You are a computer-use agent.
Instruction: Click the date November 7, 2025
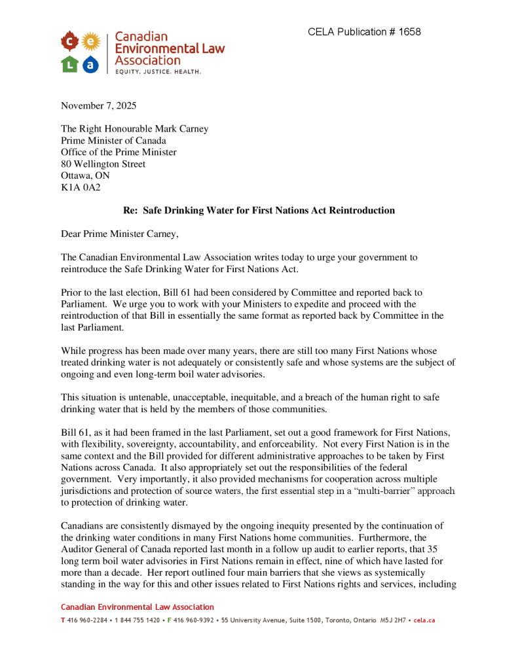click(98, 106)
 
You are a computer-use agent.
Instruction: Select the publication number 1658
click(409, 32)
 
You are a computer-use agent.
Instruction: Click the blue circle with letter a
click(90, 64)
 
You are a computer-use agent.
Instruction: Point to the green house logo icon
click(70, 64)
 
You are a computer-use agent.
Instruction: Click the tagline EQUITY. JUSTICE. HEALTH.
click(158, 71)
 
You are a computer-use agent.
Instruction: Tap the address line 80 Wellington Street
click(103, 164)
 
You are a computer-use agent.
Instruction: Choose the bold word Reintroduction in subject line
click(363, 211)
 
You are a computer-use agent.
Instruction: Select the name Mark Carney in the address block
click(180, 129)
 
